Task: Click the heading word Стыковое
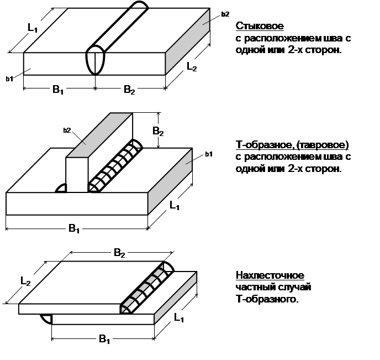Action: (x=260, y=26)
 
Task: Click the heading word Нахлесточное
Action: (x=270, y=275)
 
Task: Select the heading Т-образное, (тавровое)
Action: (x=292, y=145)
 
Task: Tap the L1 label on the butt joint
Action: (x=33, y=28)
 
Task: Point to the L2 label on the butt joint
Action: (x=192, y=67)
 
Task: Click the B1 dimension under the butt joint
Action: (x=58, y=90)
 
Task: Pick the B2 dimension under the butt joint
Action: (x=129, y=90)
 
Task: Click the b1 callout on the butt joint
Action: (x=9, y=79)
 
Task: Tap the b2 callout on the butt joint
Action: (x=225, y=14)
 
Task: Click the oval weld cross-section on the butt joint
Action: (x=95, y=60)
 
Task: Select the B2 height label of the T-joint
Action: (x=158, y=131)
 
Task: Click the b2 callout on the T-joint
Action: (x=67, y=131)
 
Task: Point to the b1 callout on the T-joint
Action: (x=209, y=154)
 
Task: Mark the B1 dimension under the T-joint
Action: (x=74, y=228)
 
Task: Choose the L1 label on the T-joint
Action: (x=174, y=206)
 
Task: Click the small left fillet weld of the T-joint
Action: (x=61, y=188)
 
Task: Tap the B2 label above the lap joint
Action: (x=119, y=253)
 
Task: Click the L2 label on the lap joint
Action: (x=25, y=281)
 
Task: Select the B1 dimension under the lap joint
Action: (x=104, y=339)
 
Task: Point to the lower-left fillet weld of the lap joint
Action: (x=46, y=319)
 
